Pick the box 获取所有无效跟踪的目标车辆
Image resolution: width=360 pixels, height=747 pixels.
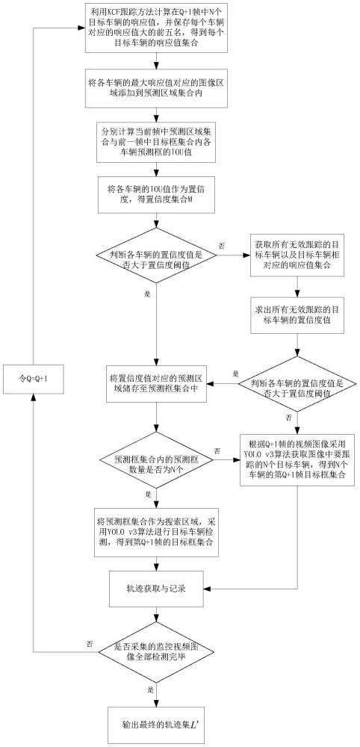[x=297, y=258]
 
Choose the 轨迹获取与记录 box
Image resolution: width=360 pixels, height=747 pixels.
[x=157, y=589]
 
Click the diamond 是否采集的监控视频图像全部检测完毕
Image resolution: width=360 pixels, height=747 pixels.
[x=157, y=651]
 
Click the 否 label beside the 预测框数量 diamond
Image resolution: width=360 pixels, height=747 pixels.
[x=217, y=450]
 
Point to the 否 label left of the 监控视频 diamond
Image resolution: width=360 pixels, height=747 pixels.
[x=90, y=643]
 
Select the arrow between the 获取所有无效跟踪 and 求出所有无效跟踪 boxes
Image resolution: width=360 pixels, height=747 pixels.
[x=297, y=286]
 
